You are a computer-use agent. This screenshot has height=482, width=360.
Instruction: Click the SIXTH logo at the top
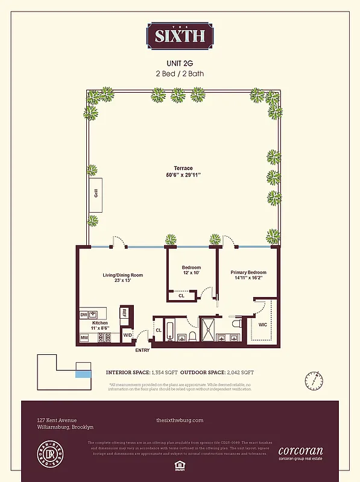click(x=180, y=36)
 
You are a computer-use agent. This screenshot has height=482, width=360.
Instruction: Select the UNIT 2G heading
click(x=180, y=63)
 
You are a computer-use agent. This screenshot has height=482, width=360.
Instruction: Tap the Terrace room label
click(x=180, y=168)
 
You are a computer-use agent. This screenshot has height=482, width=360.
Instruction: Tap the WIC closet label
click(x=262, y=324)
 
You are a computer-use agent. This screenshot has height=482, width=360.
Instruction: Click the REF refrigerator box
click(x=124, y=313)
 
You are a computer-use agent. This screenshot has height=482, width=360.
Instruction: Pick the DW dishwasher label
click(x=84, y=315)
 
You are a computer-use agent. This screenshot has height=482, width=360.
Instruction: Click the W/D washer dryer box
click(x=127, y=335)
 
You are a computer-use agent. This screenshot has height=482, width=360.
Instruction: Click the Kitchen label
click(x=100, y=324)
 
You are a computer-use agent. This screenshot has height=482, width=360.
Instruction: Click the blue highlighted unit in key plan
click(x=83, y=374)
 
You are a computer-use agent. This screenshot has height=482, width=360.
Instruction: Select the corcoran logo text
click(x=300, y=450)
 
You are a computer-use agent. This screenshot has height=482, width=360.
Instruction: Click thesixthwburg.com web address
click(x=180, y=420)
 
